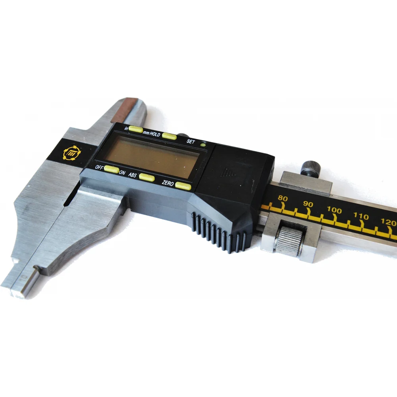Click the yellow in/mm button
(136, 129)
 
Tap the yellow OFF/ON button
(112, 169)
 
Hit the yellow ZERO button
(183, 186)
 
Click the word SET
(191, 141)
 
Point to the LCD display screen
(151, 156)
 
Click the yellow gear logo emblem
(72, 153)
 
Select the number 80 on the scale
(283, 198)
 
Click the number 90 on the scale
(308, 204)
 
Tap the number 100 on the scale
(334, 210)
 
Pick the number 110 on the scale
(361, 216)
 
